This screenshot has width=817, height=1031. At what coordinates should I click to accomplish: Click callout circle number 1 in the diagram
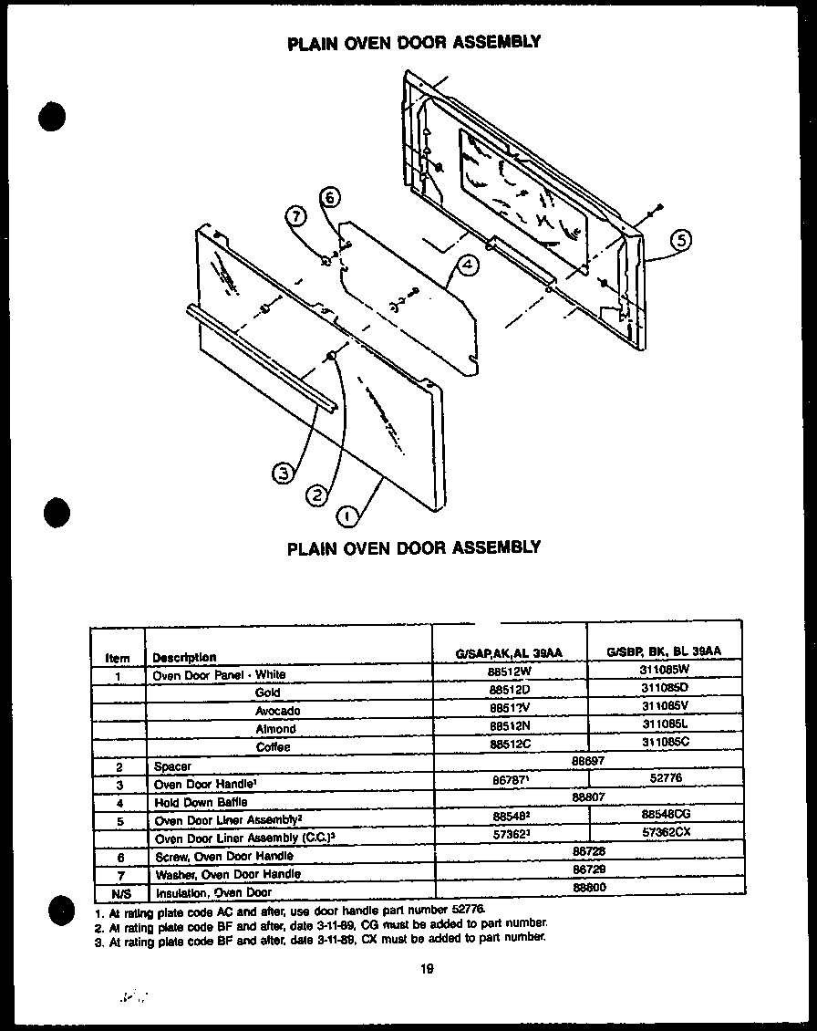tap(347, 517)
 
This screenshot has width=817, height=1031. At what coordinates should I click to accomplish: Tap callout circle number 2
tap(315, 495)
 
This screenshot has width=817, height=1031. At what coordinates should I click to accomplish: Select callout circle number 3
tap(284, 473)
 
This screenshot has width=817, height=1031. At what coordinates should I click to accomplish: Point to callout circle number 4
tap(465, 266)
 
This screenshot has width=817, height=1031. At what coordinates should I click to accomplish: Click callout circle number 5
tap(680, 241)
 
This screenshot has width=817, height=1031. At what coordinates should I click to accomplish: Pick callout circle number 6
tap(330, 198)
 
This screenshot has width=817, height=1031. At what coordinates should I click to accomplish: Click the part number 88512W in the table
tap(510, 674)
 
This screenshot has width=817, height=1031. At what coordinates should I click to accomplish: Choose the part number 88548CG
tap(665, 814)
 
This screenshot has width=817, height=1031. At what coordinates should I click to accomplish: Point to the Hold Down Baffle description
tap(189, 802)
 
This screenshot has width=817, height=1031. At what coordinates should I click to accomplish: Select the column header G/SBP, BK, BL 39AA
tap(664, 651)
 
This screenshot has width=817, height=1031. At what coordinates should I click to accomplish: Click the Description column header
tap(184, 657)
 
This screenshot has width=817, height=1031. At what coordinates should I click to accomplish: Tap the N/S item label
tap(118, 892)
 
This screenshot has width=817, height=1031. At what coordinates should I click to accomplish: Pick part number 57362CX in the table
tap(665, 833)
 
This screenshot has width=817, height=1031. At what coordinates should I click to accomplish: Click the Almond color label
tap(275, 729)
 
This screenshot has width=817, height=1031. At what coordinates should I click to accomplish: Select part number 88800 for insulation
tap(589, 886)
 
